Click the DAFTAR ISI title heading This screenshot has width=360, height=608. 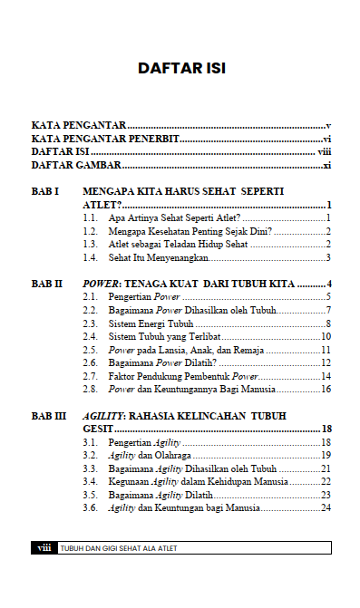[x=180, y=68]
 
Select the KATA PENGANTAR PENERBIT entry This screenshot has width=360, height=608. [x=105, y=139]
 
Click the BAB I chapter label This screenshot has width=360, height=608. [x=45, y=192]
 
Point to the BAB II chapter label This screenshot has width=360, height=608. [x=47, y=284]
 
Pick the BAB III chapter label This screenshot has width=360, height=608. [x=49, y=415]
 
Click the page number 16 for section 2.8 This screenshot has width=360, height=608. [x=325, y=389]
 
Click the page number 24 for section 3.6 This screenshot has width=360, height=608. [x=325, y=507]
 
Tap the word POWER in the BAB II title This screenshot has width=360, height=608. [x=102, y=284]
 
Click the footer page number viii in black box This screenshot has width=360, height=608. [x=43, y=548]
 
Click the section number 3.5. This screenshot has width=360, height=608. [x=90, y=495]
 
